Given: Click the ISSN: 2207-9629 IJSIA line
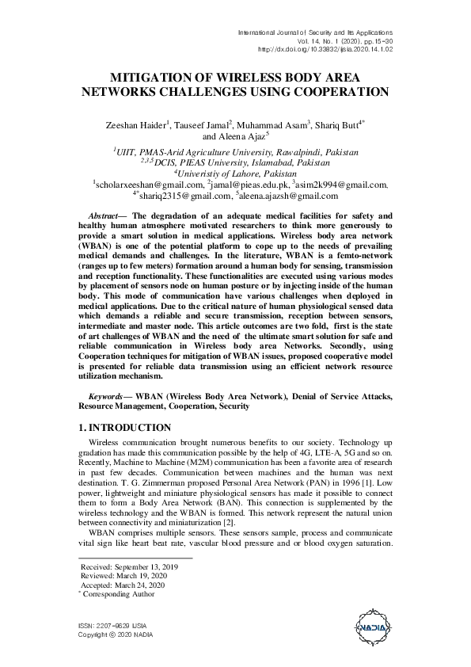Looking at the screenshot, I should click(110, 626).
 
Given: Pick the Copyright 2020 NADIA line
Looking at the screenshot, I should click(116, 635).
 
